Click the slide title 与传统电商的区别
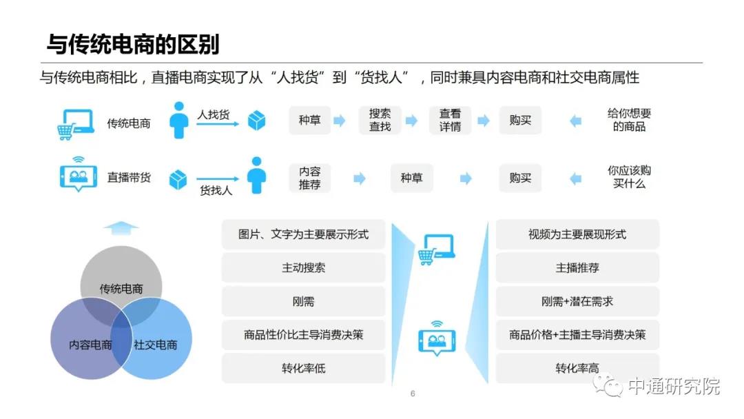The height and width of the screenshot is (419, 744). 133,45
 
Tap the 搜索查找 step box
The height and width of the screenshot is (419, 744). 380,120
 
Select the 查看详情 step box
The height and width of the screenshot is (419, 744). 450,120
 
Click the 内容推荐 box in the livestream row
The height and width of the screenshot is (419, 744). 309,178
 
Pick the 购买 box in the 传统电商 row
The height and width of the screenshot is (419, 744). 520,120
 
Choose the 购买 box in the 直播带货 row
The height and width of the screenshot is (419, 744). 520,178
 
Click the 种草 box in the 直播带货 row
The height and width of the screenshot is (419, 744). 411,178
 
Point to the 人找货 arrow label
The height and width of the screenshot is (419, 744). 214,114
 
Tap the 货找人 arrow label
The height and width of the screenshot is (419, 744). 216,190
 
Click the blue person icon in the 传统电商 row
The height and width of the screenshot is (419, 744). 179,120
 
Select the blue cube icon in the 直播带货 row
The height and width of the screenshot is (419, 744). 178,180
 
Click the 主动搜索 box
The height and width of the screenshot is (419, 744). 303,267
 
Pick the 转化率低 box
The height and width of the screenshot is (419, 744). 303,368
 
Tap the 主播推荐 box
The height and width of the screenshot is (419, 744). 577,267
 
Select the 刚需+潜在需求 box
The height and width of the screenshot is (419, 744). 577,301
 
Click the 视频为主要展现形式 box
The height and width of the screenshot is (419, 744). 577,234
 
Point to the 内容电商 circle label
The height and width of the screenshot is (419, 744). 90,345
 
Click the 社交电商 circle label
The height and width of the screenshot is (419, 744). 155,345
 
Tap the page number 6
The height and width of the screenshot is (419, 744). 413,394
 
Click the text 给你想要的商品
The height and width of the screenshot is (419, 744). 629,120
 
